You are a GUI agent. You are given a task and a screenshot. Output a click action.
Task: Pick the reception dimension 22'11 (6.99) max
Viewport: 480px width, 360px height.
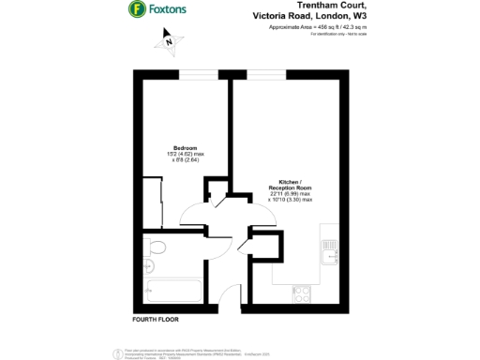(x=290, y=195)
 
